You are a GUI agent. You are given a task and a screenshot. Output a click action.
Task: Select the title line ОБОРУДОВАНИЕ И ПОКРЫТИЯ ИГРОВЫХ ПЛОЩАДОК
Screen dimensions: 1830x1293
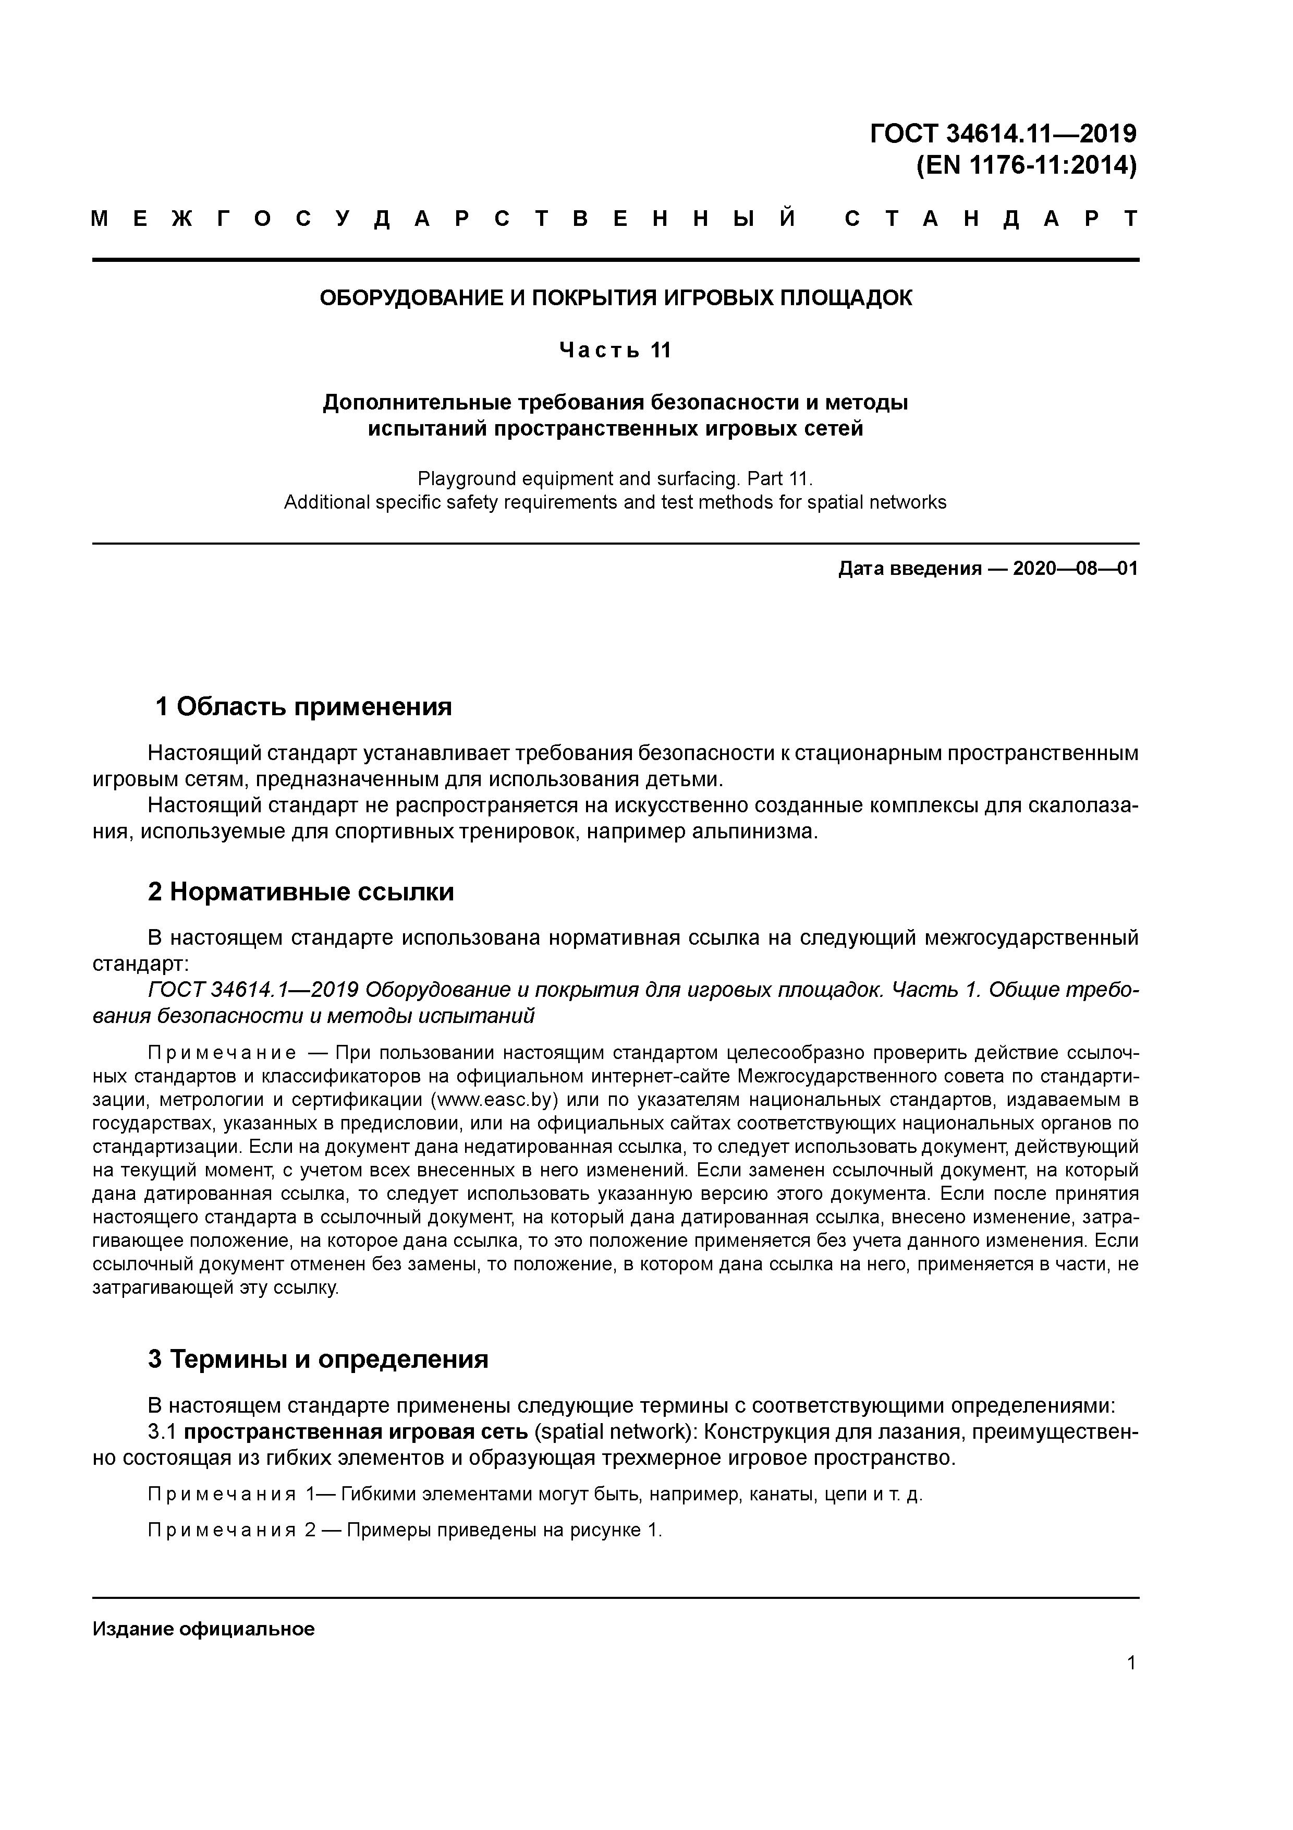coord(615,298)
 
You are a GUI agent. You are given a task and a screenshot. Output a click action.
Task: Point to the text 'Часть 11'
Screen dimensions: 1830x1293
coord(615,350)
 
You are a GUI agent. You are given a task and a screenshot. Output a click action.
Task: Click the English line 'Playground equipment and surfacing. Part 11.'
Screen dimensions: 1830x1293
coord(615,479)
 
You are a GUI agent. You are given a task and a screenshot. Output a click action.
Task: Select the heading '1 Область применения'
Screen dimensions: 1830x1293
coord(303,706)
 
